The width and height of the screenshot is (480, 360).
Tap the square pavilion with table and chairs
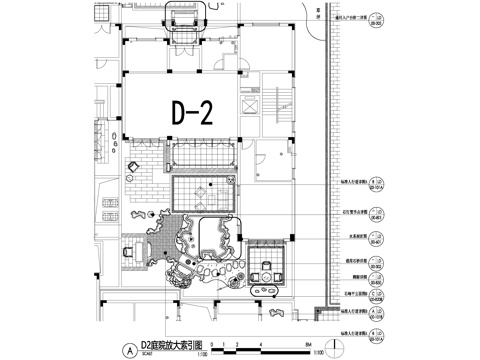point(267,261)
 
